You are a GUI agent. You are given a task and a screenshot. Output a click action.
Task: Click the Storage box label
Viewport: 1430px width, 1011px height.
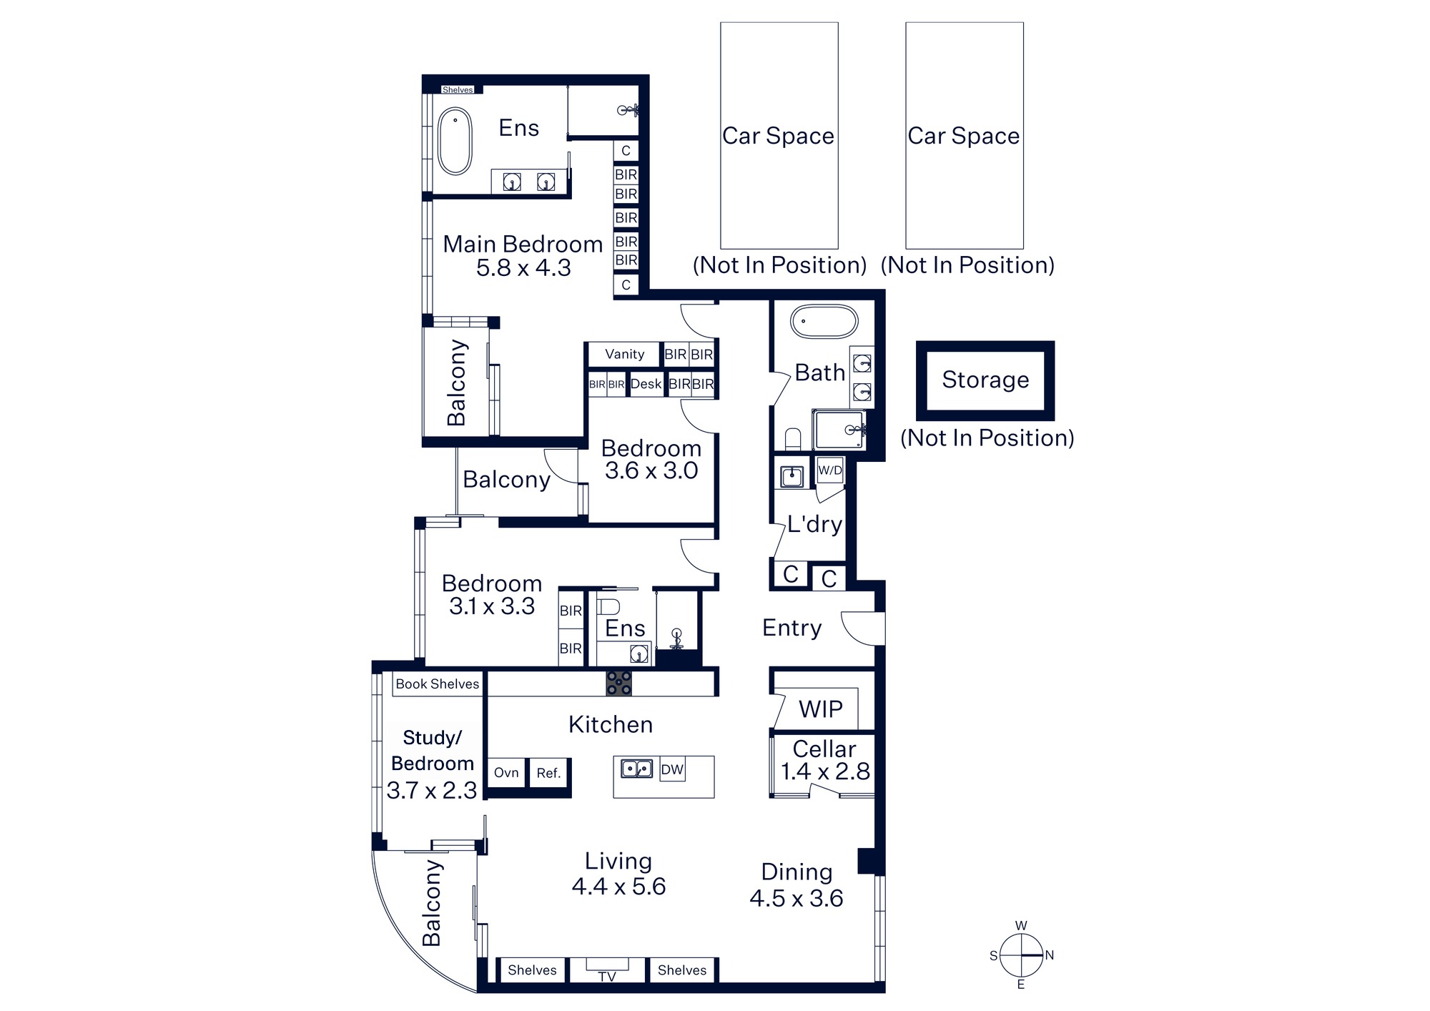coord(985,380)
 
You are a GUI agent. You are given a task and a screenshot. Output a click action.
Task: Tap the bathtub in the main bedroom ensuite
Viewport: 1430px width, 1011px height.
coord(455,142)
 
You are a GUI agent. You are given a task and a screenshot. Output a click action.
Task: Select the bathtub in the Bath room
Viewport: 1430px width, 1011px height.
coord(824,322)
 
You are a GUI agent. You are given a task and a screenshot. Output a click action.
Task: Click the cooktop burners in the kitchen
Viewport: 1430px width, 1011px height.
coord(619,683)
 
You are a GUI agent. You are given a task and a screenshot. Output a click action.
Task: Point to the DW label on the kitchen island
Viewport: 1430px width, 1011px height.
coord(672,769)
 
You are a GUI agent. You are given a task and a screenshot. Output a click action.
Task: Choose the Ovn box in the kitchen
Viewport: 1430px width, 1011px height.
coord(506,773)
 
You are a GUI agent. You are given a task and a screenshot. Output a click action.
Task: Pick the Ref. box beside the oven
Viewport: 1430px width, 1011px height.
coord(548,773)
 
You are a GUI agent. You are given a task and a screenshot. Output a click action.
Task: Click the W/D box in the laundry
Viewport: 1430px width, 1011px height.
coord(830,470)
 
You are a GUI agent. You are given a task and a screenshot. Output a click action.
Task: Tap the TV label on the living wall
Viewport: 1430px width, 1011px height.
coord(607,976)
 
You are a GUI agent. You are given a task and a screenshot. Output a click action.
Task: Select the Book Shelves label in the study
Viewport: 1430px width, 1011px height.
coord(438,684)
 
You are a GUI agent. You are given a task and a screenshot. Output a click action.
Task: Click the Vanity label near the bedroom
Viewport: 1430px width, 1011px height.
coord(624,354)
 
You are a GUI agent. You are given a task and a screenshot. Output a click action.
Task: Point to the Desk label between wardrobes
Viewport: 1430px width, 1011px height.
coord(646,384)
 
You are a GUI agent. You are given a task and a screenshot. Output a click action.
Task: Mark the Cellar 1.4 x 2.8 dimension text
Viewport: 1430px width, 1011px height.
coord(825,771)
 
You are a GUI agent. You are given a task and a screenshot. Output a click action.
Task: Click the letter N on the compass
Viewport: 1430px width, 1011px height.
coord(1049,955)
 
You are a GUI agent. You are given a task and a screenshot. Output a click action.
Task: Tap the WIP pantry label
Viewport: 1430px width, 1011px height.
coord(821,709)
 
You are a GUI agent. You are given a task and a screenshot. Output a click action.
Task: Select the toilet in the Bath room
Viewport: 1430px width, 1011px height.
coord(793,438)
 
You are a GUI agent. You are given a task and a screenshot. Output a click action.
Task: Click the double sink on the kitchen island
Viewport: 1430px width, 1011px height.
coord(636,769)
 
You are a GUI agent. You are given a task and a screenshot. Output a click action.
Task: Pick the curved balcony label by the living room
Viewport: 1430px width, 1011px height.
coord(432,904)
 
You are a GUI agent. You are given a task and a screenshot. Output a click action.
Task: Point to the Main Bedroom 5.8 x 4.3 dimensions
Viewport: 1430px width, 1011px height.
coord(523,268)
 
